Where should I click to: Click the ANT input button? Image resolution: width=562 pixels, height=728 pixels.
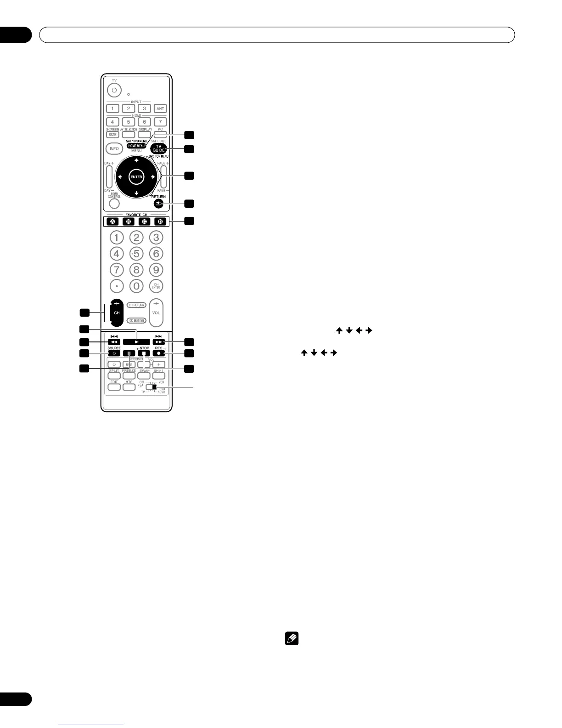160,108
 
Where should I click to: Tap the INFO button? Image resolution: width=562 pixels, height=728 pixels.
114,148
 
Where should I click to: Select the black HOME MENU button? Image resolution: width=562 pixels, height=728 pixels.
136,146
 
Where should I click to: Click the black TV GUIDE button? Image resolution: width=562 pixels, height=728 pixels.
158,148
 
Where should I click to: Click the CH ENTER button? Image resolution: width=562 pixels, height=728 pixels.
156,286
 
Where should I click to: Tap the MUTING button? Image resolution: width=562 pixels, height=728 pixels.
136,320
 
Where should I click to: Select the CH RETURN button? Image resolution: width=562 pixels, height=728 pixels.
136,305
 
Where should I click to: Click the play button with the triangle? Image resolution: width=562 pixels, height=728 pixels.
136,342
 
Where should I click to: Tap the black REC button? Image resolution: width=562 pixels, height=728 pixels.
158,353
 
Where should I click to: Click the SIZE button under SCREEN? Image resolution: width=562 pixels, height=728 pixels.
112,135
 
